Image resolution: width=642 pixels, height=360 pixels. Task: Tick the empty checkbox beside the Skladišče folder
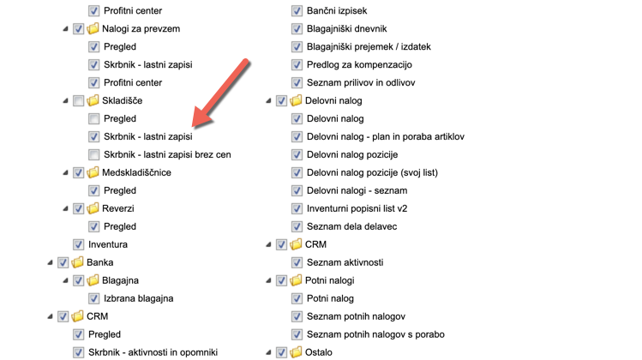tap(78, 101)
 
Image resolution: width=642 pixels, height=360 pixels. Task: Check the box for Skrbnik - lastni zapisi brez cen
tap(93, 155)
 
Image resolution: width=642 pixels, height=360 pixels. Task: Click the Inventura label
tap(108, 244)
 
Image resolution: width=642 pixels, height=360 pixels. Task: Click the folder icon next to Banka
tap(77, 262)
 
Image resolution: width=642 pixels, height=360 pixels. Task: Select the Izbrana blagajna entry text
tap(138, 298)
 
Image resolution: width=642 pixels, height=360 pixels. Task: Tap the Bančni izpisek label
tap(337, 11)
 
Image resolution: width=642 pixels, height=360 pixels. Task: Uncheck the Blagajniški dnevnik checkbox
tap(297, 29)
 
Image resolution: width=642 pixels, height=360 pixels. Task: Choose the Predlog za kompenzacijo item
tap(359, 65)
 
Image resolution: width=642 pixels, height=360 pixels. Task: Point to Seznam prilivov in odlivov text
tap(361, 83)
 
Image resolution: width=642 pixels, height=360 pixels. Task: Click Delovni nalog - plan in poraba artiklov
tap(386, 137)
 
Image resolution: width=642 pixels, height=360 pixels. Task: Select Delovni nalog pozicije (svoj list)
tap(372, 173)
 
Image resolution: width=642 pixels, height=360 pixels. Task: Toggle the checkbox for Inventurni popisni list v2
tap(297, 209)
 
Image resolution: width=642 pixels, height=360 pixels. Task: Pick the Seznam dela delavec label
tap(351, 227)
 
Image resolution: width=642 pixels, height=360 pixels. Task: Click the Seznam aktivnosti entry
tap(345, 262)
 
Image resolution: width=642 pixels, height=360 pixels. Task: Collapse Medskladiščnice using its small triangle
tap(66, 173)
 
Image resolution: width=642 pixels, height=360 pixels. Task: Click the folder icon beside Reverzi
tap(93, 209)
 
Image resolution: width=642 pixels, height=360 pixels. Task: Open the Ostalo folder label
tap(319, 352)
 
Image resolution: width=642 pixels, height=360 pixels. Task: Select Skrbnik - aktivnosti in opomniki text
tap(153, 352)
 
